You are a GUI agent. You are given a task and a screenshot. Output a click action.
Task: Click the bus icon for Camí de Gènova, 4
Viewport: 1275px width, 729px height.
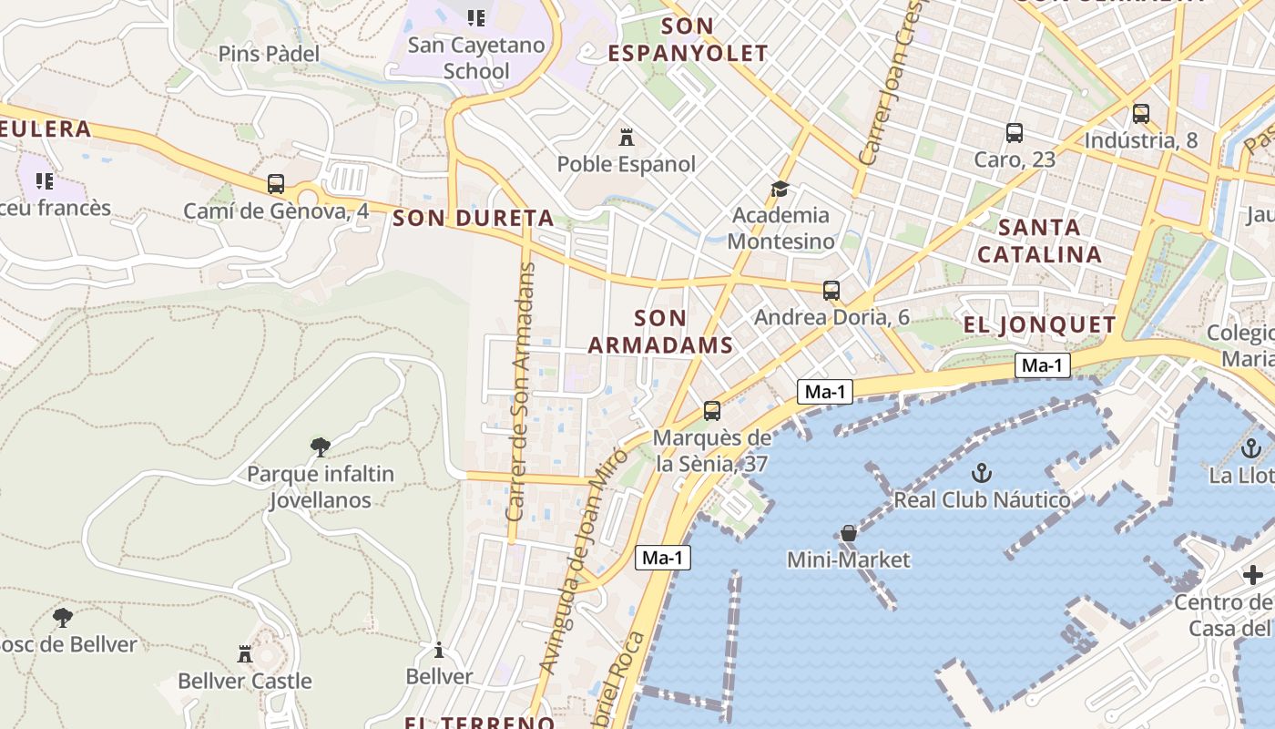coord(276,184)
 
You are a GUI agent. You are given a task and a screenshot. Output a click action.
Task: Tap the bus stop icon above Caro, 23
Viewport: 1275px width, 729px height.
coord(1015,133)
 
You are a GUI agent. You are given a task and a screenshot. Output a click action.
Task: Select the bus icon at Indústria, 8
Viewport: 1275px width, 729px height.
coord(1141,114)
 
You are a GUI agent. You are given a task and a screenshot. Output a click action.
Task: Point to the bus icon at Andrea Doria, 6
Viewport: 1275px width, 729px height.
coord(831,291)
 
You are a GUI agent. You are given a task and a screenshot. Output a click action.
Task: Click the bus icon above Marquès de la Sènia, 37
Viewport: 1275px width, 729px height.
coord(712,411)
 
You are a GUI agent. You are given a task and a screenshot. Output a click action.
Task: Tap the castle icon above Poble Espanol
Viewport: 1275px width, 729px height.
coord(627,138)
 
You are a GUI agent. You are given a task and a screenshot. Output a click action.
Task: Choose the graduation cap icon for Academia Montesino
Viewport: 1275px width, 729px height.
coord(780,190)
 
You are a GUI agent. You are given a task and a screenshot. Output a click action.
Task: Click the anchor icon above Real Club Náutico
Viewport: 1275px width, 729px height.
coord(981,473)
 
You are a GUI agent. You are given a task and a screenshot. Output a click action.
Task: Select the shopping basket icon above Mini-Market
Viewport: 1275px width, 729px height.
coord(849,533)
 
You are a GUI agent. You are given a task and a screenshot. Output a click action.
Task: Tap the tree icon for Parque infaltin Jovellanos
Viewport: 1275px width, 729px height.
coord(321,447)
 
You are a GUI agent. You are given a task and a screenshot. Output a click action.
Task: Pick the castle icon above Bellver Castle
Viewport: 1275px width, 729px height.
coord(245,653)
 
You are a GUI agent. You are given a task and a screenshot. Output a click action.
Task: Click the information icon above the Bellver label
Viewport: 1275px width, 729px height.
coord(439,650)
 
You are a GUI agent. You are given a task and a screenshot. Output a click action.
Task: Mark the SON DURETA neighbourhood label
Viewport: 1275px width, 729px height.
coord(474,219)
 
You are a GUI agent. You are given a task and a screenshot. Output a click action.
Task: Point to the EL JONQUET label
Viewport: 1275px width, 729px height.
coord(1040,325)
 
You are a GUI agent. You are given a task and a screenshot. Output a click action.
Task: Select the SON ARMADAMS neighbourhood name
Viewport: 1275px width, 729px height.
coord(660,332)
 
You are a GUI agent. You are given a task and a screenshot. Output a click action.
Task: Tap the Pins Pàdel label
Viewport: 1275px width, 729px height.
coord(269,54)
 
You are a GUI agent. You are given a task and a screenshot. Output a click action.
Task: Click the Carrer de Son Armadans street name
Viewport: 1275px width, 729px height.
coord(521,392)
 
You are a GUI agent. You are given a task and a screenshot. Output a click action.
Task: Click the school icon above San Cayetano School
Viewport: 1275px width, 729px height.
coord(475,18)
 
